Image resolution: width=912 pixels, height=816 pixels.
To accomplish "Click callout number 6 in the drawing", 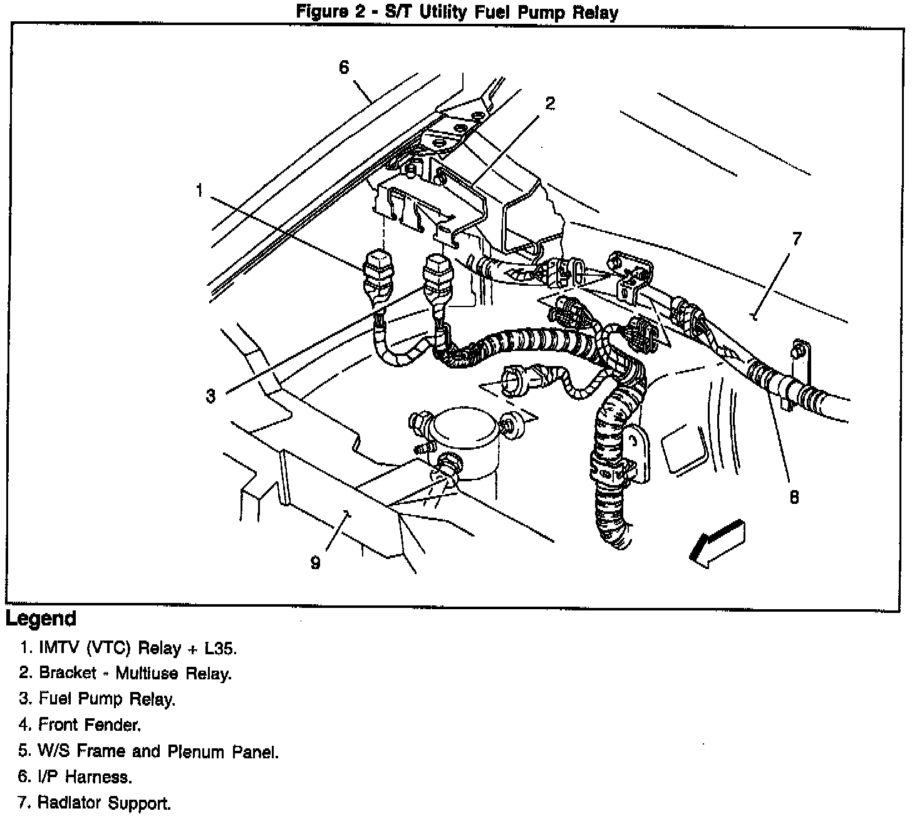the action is point(344,67).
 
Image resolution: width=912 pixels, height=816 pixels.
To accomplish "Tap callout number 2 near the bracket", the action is point(549,103).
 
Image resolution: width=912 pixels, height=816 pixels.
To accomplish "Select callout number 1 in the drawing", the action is point(199,190).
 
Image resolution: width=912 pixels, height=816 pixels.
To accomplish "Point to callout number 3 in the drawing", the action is point(210,395).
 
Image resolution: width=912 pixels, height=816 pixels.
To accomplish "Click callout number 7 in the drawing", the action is point(796,239).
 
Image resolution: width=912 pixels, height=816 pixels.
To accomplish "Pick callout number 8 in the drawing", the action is point(794,497).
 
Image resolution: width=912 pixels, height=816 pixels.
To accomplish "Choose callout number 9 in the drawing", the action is point(315,563).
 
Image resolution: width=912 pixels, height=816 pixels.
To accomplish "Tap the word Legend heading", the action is point(41,619).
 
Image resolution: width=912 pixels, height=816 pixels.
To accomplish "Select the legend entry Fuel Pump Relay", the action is point(106,699).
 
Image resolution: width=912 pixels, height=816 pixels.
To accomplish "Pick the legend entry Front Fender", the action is point(90,725).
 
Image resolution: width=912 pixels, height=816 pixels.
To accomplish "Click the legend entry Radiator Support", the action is point(104,803).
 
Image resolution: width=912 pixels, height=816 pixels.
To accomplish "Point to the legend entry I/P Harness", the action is point(85,777).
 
